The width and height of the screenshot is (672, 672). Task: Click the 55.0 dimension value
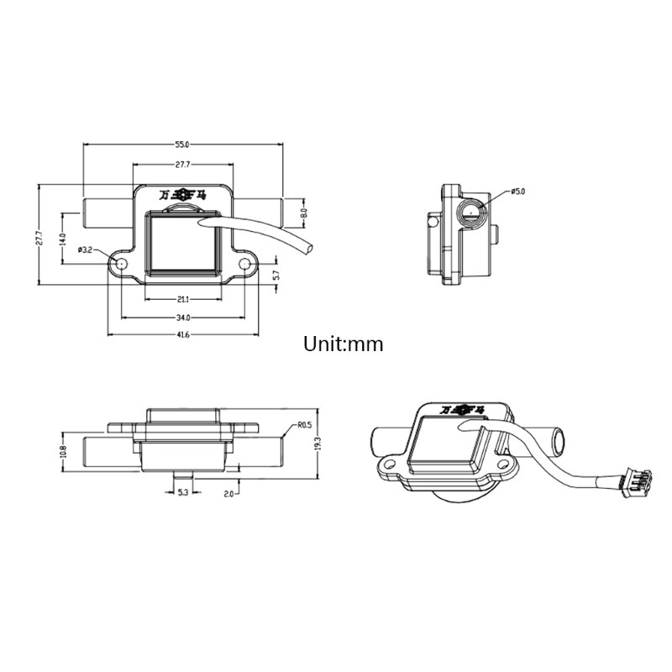[x=182, y=144]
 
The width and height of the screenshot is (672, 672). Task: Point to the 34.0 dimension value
[x=182, y=318]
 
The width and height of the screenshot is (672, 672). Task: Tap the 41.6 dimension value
[x=182, y=335]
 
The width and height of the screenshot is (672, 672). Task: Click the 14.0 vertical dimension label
[x=61, y=239]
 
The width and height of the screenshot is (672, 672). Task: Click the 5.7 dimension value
[x=276, y=275]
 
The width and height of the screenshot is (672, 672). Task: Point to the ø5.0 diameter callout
[x=517, y=192]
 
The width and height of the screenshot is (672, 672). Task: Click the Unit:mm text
[x=344, y=344]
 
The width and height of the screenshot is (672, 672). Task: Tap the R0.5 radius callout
[x=304, y=426]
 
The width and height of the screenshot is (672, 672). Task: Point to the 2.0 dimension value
[x=227, y=493]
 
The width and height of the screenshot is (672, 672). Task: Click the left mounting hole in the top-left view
[x=122, y=264]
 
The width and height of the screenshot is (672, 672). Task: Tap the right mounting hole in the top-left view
[x=245, y=264]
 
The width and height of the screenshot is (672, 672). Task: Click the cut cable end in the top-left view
[x=311, y=249]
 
